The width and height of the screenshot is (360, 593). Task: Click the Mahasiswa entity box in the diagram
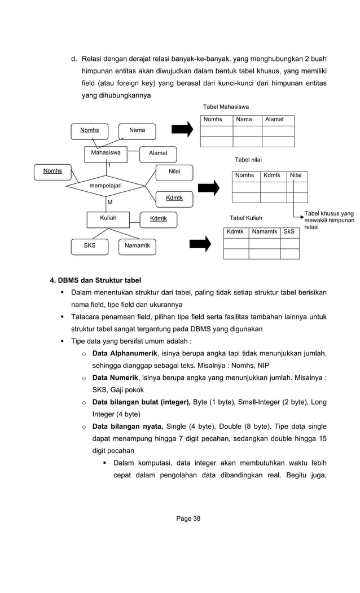coord(106,153)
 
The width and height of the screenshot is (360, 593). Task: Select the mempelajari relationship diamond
coord(106,185)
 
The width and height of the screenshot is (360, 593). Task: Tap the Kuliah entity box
coord(108,218)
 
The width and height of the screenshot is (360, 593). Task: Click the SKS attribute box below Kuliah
coord(90,246)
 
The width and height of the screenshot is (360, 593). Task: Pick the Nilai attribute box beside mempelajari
coord(174,171)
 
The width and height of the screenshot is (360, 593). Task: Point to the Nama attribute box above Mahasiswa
coord(137,130)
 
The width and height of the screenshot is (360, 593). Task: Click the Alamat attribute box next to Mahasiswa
coord(158,153)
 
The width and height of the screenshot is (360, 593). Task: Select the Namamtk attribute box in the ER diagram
coord(137,246)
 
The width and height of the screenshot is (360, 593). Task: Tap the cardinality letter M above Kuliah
coord(110,201)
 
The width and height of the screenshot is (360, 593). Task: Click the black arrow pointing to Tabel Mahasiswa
coord(182,130)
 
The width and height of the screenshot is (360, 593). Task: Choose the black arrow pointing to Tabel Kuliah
coord(200,244)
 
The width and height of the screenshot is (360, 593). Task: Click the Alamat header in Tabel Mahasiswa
coord(274,120)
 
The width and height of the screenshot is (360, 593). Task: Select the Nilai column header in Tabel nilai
coord(296,175)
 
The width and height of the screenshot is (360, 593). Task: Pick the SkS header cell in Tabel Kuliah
coord(289,231)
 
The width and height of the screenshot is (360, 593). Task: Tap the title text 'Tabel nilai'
coord(248,160)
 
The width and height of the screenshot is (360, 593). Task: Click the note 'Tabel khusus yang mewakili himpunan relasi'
coord(329,220)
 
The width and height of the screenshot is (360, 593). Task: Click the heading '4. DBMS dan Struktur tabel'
coord(96,280)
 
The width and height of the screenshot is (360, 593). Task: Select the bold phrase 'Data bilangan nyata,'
coord(128,427)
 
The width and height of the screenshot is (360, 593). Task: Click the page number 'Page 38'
coord(188,519)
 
